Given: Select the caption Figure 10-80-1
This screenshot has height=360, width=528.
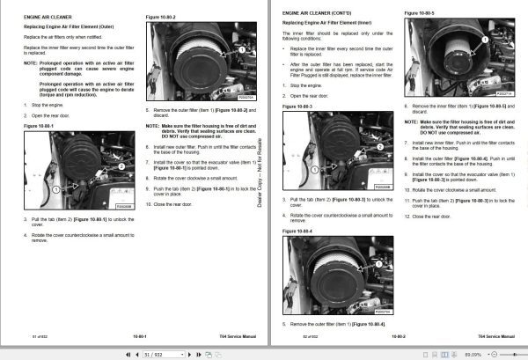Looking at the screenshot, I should pyautogui.click(x=40, y=126).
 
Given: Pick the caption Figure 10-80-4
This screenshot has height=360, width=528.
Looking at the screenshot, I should pyautogui.click(x=298, y=231).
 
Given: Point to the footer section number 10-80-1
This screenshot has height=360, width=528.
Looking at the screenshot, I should pyautogui.click(x=139, y=335).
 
